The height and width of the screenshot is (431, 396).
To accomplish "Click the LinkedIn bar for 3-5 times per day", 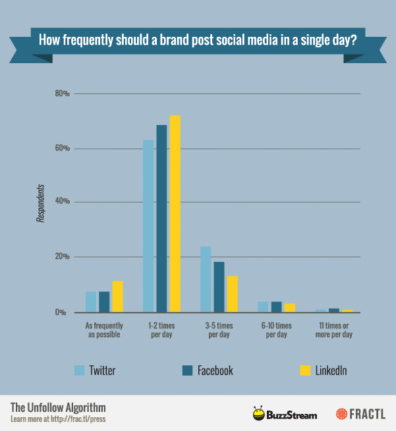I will click(x=232, y=293).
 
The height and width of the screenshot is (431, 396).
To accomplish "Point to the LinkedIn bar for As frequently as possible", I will click(x=117, y=296).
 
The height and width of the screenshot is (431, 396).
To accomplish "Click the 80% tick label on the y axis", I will click(x=62, y=93).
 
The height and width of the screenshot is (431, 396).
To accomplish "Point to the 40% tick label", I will click(x=62, y=202).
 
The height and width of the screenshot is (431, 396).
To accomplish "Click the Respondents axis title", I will click(x=40, y=203).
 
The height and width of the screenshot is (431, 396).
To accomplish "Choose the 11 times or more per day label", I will click(x=333, y=330).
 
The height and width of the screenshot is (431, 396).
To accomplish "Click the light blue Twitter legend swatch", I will click(x=80, y=370).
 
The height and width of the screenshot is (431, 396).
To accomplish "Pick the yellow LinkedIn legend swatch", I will click(x=304, y=370).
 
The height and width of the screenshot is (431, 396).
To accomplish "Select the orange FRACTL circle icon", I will click(x=341, y=414).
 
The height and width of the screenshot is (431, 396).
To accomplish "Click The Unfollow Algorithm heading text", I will click(x=57, y=407).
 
